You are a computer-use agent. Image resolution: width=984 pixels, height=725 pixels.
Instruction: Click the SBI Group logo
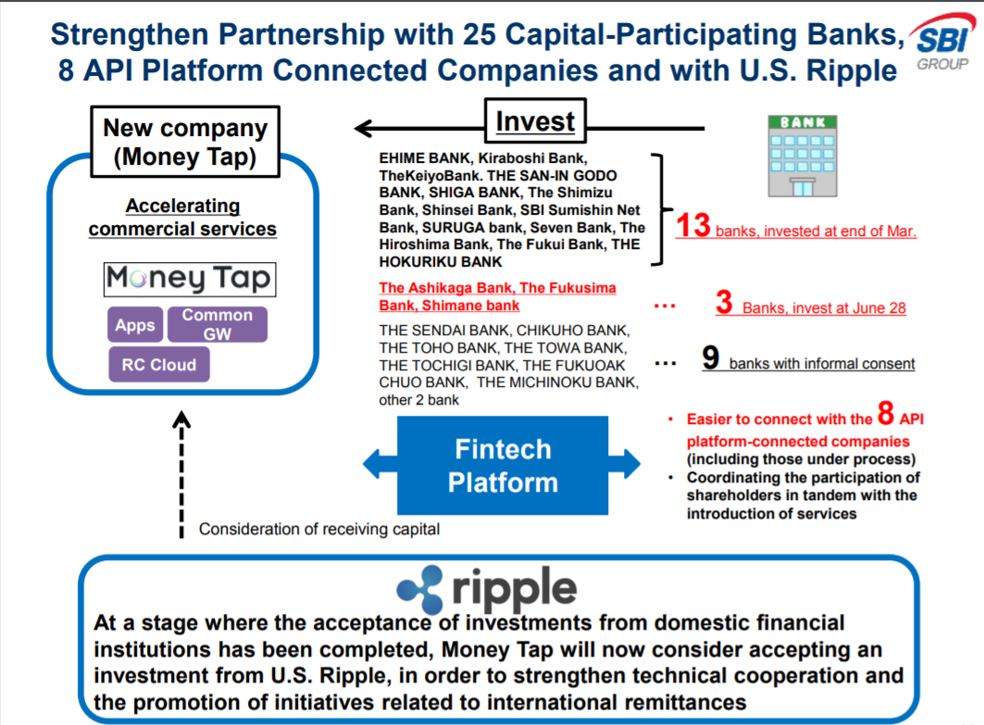[942, 43]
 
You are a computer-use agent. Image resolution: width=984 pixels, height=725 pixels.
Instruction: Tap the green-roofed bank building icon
[803, 156]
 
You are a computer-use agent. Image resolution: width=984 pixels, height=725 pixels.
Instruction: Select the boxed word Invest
[535, 121]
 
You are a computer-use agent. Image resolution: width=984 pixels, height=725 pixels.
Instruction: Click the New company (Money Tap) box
[185, 142]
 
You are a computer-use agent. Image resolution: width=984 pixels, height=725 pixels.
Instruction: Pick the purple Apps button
[135, 325]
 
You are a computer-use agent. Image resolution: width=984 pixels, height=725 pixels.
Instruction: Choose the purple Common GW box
[218, 324]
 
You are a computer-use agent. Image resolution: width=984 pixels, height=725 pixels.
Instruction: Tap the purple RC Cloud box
[159, 365]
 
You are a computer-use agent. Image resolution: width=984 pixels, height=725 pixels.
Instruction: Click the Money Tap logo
[190, 280]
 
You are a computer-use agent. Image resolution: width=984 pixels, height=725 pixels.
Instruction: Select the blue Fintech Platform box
[503, 465]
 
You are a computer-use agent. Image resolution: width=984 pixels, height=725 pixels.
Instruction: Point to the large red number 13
[692, 225]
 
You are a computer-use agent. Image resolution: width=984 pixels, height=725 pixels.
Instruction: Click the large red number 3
[724, 302]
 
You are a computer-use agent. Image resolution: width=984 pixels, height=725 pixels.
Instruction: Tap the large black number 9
[710, 357]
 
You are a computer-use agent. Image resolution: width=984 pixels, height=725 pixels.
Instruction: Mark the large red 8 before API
[886, 413]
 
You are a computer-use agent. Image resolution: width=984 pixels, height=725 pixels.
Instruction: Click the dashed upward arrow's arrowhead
[181, 419]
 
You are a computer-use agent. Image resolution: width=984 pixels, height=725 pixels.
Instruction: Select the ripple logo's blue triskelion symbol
[420, 590]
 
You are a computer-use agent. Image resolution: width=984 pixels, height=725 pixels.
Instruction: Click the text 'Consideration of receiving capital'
[318, 529]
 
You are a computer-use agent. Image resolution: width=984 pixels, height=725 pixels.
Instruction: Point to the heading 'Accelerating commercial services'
[182, 218]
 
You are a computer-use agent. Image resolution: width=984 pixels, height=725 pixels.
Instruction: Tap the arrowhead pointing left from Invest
[364, 128]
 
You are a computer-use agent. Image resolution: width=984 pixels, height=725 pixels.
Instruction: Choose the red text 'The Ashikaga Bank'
[447, 288]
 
